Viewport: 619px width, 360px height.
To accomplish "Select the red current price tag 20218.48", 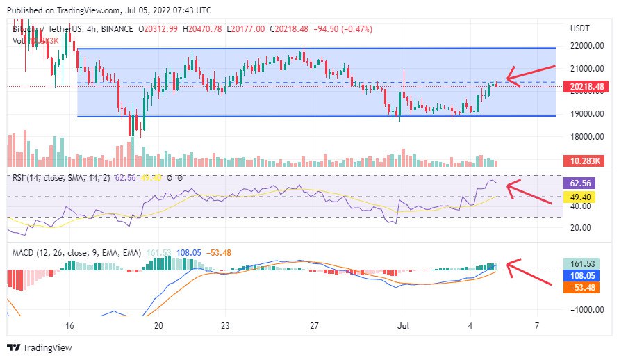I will tap(587, 86).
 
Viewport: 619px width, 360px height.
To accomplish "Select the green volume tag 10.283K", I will tap(586, 161).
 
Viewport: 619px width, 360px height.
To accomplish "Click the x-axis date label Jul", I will tap(404, 325).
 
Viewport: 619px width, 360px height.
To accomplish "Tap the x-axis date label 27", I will tap(315, 325).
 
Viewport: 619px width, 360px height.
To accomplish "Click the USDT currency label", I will tap(579, 28).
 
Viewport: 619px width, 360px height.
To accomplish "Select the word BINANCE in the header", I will tap(116, 28).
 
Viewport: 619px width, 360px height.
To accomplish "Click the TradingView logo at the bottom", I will tap(40, 347).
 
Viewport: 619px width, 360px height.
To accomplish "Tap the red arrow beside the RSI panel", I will tap(530, 192).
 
